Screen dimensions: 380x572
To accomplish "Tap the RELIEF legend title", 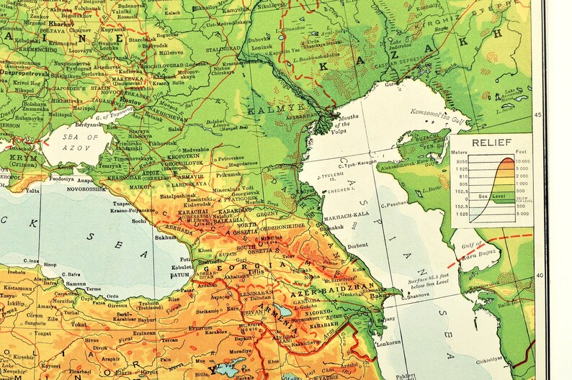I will [x=492, y=142].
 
